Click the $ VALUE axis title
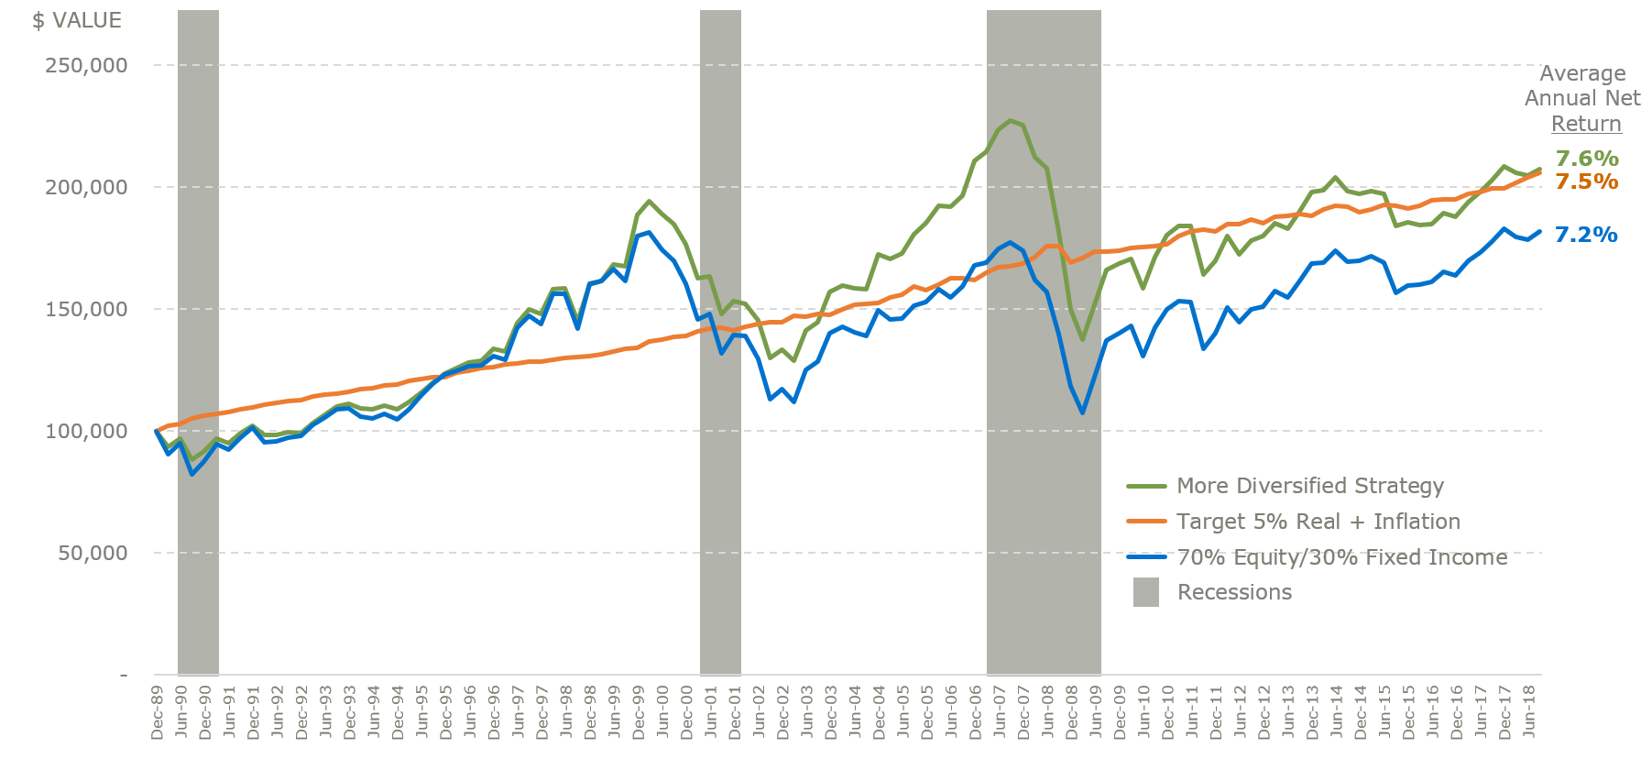pyautogui.click(x=77, y=20)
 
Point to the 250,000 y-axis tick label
pyautogui.click(x=86, y=66)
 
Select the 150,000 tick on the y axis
pyautogui.click(x=86, y=310)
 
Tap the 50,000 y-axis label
pyautogui.click(x=92, y=554)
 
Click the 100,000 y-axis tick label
pyautogui.click(x=86, y=432)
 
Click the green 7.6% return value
pyautogui.click(x=1587, y=159)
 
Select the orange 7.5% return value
pyautogui.click(x=1587, y=181)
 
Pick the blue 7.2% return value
pyautogui.click(x=1587, y=235)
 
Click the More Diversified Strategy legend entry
pyautogui.click(x=1309, y=486)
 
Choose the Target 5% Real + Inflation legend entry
pyautogui.click(x=1318, y=522)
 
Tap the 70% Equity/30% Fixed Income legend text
pyautogui.click(x=1341, y=557)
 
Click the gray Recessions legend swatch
pyautogui.click(x=1145, y=592)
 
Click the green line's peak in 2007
pyautogui.click(x=1011, y=120)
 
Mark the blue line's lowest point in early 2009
pyautogui.click(x=1082, y=412)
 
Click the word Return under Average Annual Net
pyautogui.click(x=1586, y=124)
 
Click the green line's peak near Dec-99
pyautogui.click(x=649, y=201)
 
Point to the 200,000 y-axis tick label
pyautogui.click(x=86, y=188)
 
